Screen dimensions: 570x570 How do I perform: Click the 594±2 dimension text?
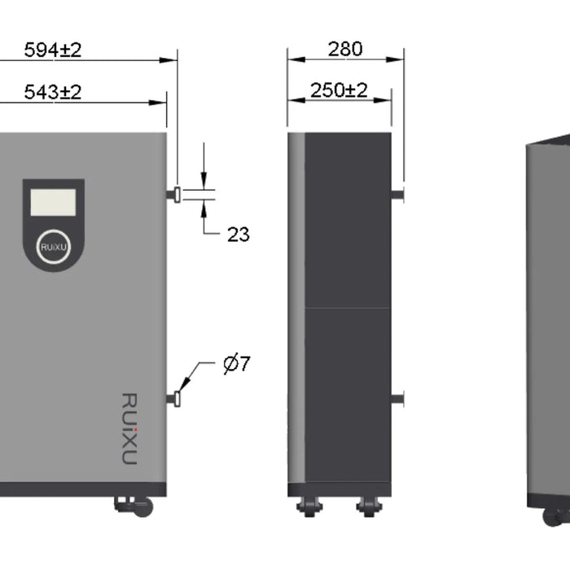53,50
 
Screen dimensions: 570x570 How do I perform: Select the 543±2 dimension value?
53,92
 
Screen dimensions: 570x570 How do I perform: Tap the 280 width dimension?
345,49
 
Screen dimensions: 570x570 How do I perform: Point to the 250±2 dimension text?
339,90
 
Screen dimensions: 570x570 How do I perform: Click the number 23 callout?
238,235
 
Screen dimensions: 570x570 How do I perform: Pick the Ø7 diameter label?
236,364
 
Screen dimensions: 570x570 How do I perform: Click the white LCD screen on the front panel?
54,202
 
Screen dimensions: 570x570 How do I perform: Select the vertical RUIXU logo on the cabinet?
129,429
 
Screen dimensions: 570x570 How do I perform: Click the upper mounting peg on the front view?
175,193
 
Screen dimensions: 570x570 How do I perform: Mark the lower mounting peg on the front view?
174,398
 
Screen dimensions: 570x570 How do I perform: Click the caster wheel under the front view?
142,507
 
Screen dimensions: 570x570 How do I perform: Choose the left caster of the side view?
310,506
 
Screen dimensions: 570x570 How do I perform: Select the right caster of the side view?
369,506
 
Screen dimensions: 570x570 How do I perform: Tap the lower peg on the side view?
397,398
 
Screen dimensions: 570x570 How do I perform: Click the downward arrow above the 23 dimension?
204,183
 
